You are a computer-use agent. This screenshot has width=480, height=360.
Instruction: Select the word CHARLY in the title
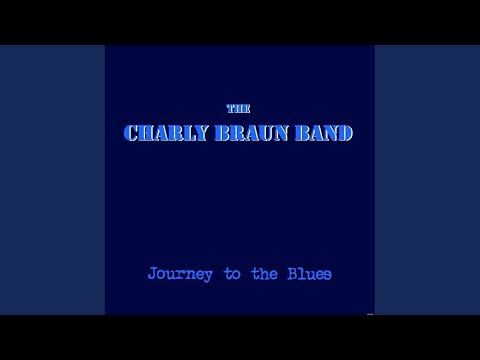pos(163,132)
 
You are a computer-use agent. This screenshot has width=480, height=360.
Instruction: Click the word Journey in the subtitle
pos(178,272)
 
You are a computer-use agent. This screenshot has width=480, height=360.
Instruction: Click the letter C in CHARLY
pos(131,132)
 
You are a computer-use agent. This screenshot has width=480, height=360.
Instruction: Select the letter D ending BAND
pos(345,132)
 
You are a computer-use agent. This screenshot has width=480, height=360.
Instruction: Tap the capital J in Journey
pos(152,272)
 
